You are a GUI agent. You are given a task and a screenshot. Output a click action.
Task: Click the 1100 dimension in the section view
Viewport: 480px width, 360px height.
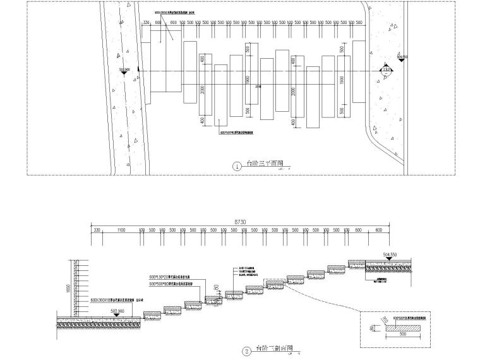coord(120,231)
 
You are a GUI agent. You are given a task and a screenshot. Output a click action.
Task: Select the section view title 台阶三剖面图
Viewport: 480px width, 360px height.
coord(273,349)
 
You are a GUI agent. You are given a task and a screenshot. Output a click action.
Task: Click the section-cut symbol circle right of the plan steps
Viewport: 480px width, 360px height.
coord(385,70)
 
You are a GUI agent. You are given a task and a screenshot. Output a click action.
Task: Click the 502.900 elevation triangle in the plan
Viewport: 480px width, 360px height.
coord(124,73)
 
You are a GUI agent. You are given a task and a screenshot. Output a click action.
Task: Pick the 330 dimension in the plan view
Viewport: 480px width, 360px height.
coord(146,23)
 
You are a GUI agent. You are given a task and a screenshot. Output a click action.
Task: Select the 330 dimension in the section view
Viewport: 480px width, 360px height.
coord(97,231)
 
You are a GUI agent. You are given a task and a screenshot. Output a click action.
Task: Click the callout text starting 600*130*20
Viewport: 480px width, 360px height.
coord(175,277)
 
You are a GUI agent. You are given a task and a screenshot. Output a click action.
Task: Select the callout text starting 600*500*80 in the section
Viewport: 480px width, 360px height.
coord(175,284)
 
